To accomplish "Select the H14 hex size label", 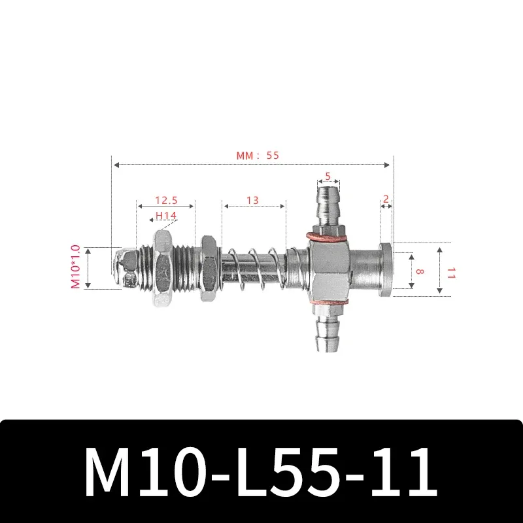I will click(166, 216).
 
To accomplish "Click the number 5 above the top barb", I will click(328, 176).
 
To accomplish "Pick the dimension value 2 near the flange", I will click(386, 197).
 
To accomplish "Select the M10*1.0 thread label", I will click(76, 267).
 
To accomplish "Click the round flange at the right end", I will click(386, 269).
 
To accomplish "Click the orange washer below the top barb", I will click(327, 235).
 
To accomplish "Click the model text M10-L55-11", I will click(261, 472).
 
